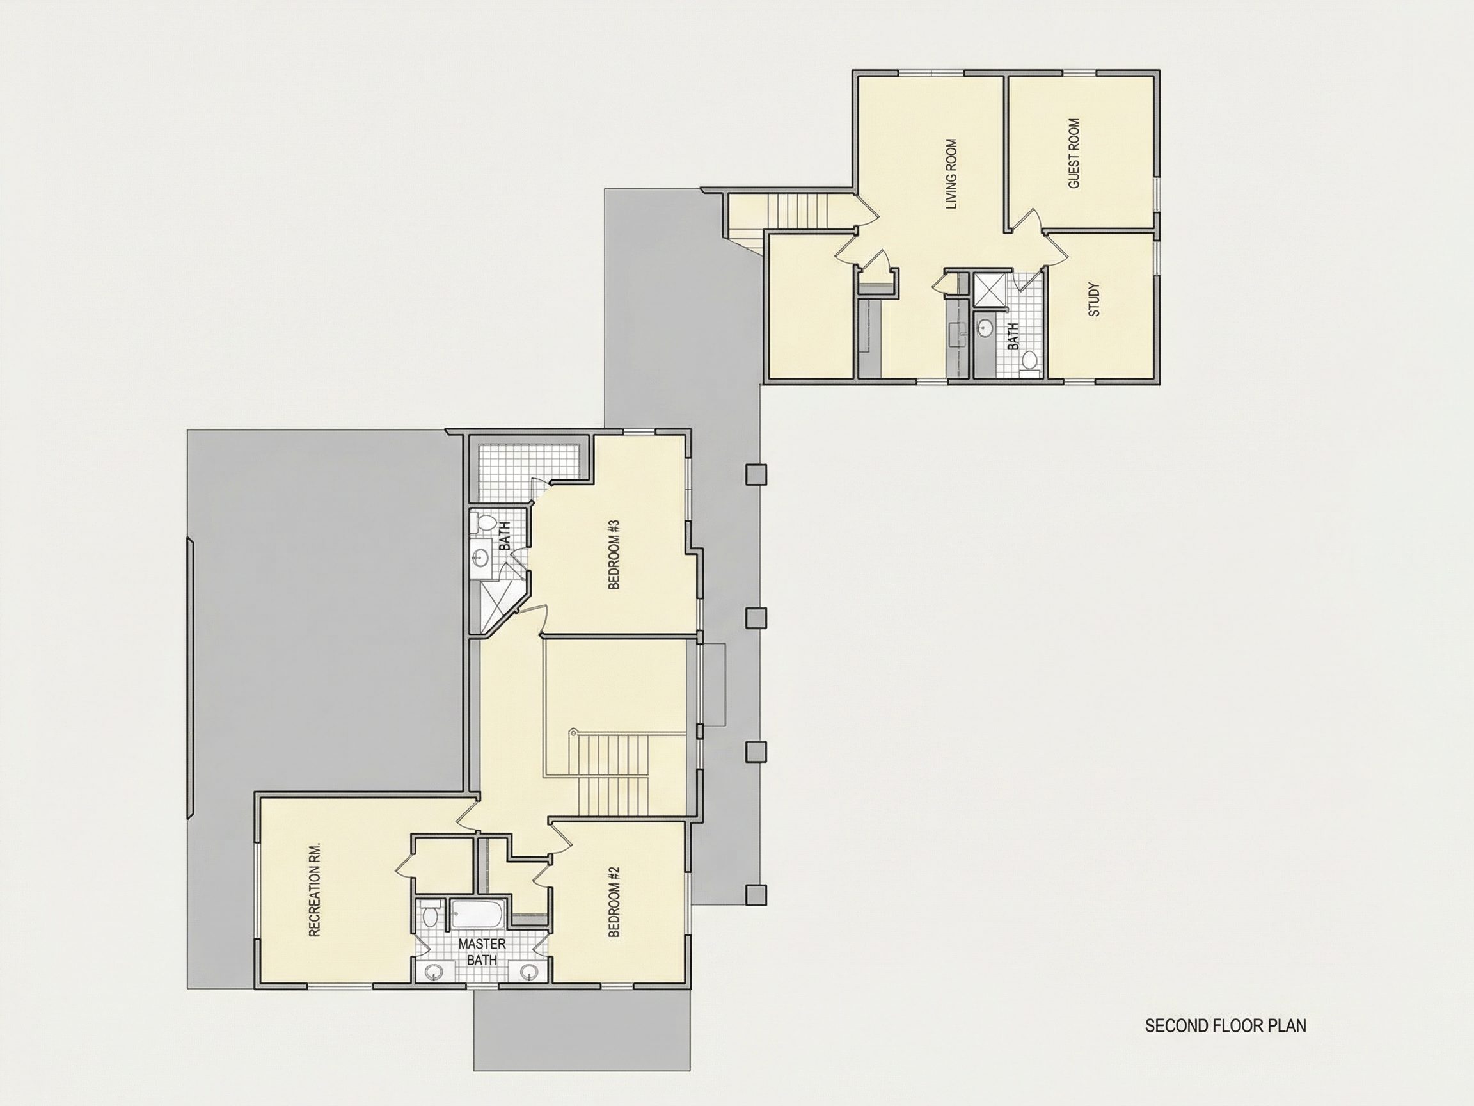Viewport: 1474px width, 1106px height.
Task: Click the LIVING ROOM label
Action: coord(951,174)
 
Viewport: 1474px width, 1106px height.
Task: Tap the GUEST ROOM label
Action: coord(1074,154)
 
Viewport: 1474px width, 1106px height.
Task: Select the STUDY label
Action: coord(1093,300)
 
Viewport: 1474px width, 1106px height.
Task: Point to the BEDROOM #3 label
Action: coord(614,554)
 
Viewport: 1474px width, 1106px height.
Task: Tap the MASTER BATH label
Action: coord(482,952)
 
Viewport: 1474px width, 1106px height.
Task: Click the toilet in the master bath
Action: coord(430,914)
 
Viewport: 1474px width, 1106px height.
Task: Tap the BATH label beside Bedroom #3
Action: coord(504,535)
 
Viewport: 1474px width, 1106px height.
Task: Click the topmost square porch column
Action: coord(756,475)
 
